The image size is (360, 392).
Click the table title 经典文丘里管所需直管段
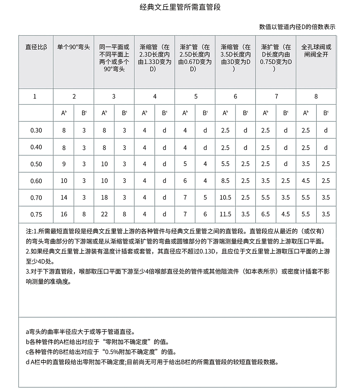coord(180,7)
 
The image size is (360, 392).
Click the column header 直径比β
coord(36,47)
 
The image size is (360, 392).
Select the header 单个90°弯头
coord(73,47)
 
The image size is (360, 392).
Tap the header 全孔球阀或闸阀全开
coord(316,51)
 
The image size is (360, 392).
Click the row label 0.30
coord(36,130)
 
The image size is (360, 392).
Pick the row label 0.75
coord(36,215)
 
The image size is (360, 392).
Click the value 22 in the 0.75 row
coord(104,214)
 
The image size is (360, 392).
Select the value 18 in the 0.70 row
coord(104,197)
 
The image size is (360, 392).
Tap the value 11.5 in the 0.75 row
coord(225,214)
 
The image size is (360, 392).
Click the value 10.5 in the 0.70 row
coord(225,197)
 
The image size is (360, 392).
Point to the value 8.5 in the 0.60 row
coord(225,181)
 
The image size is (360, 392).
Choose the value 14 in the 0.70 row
coord(64,197)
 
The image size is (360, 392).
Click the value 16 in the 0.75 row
coord(64,214)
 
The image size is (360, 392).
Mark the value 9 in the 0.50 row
coord(64,164)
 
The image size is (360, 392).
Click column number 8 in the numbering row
coord(316,96)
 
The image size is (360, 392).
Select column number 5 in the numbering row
coord(195,96)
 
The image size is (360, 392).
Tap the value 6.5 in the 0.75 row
coord(265,214)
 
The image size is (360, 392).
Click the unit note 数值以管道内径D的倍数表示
coord(297,27)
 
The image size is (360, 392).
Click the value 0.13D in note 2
coord(207,251)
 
